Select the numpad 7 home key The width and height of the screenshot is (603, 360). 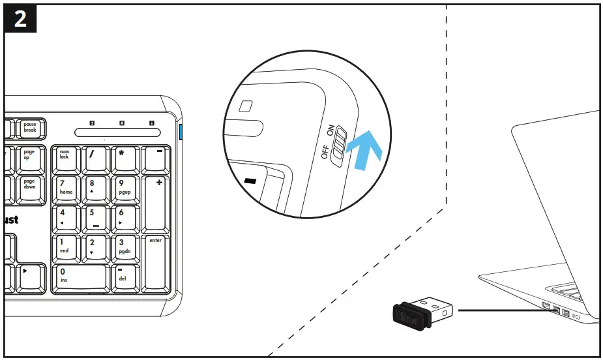click(66, 188)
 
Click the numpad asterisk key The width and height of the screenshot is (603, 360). click(125, 159)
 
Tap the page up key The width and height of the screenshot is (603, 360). click(30, 159)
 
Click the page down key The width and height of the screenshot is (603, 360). click(30, 188)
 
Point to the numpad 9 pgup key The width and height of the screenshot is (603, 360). click(125, 188)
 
